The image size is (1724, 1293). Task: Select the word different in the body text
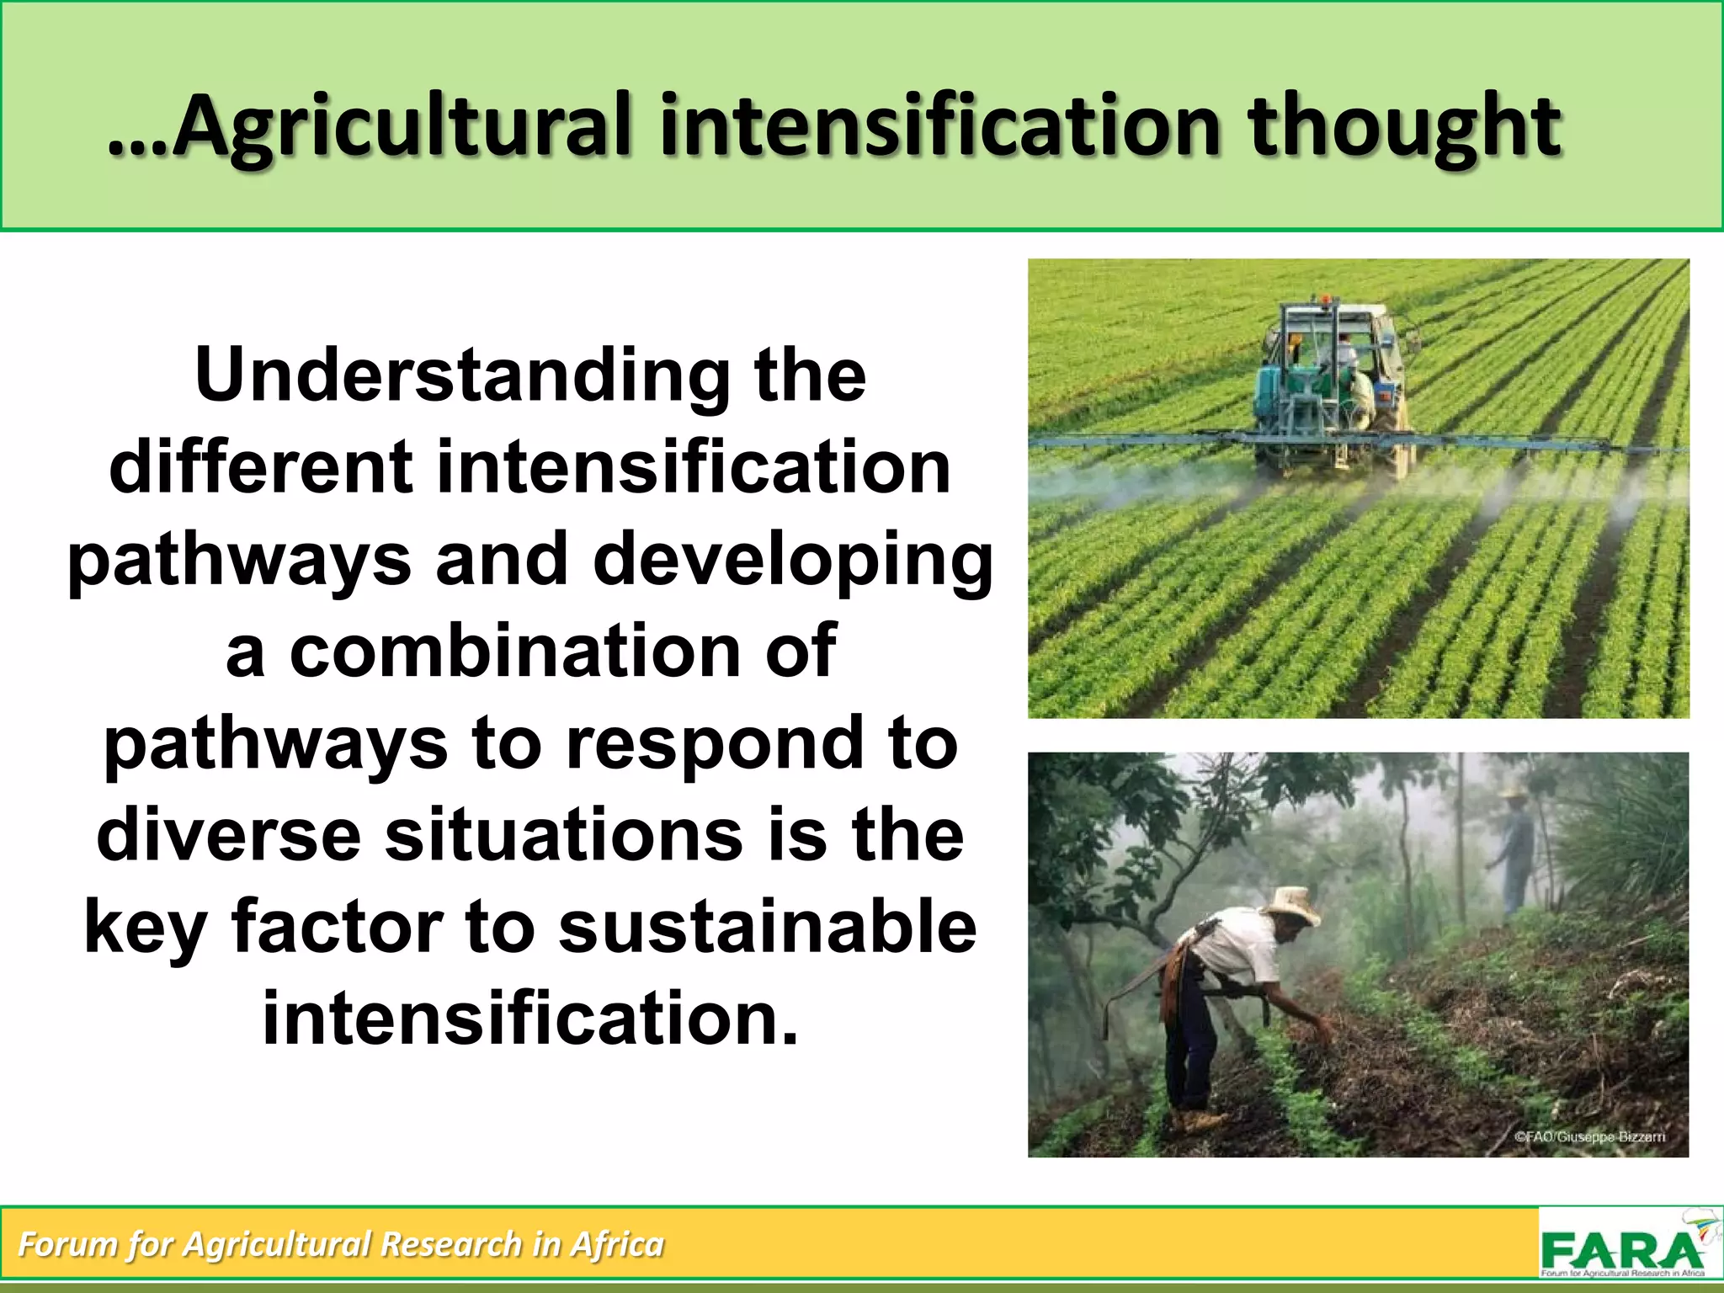coord(260,467)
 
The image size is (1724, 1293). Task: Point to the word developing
coord(793,560)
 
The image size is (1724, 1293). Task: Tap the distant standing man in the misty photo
coord(1514,850)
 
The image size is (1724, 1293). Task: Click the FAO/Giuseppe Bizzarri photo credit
coord(1589,1136)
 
